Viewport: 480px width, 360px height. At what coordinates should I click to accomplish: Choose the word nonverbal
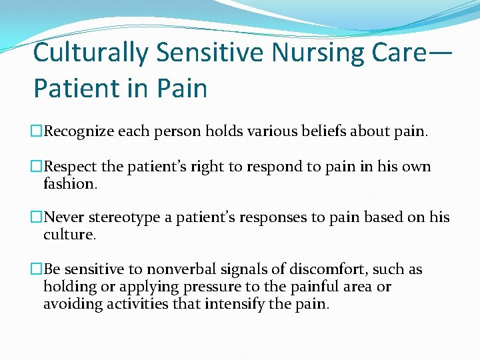pos(175,270)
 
